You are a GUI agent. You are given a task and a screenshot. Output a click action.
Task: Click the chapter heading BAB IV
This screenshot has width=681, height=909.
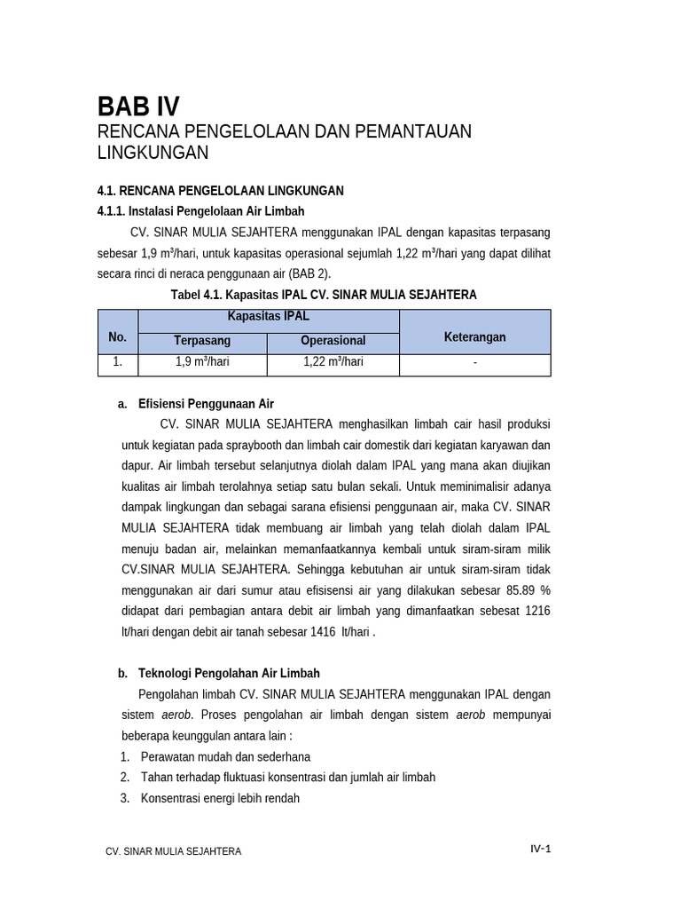138,107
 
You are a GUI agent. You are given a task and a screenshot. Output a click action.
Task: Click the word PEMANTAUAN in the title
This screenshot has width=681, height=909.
412,131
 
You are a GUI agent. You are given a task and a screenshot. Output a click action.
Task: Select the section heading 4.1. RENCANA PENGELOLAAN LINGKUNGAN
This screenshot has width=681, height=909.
220,191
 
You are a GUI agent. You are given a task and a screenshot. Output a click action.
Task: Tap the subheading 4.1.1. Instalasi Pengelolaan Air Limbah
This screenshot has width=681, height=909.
200,211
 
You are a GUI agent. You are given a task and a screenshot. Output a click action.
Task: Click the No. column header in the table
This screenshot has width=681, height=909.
118,337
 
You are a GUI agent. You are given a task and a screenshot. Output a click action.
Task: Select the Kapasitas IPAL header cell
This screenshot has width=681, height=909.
269,317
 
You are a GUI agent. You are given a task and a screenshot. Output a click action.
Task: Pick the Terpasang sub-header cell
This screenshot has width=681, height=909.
202,341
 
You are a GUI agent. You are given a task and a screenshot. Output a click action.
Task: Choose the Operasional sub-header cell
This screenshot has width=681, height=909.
333,341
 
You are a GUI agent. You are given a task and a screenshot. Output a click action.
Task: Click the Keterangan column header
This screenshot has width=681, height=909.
474,337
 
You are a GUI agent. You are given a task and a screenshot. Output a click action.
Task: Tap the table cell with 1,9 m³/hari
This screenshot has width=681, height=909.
202,362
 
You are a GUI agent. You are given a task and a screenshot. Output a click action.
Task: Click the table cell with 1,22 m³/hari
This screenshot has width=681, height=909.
333,362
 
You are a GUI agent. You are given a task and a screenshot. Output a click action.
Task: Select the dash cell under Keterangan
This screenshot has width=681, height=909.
474,362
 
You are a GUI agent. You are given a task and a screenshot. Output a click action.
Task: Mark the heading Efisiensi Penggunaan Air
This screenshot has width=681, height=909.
206,404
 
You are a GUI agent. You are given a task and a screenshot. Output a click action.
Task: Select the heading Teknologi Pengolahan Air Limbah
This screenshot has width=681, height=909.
229,674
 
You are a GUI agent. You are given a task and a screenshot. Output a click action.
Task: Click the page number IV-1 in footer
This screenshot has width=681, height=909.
541,849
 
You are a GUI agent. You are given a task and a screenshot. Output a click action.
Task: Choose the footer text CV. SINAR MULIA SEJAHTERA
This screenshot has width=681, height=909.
173,851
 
